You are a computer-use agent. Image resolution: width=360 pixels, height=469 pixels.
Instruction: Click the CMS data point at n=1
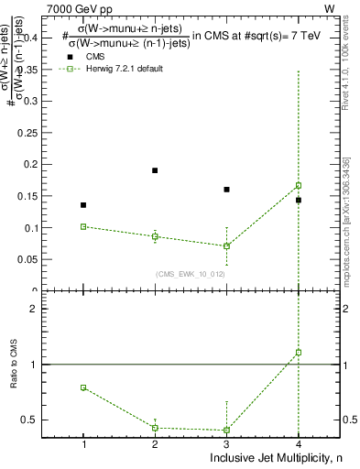point(83,205)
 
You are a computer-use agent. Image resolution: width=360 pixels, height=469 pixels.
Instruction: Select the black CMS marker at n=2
point(155,170)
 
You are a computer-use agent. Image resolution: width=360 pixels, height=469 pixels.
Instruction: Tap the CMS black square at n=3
point(226,190)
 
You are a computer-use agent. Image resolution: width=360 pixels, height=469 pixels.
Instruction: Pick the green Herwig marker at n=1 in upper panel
point(83,226)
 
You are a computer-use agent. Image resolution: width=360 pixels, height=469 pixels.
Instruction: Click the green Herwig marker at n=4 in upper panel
point(299,185)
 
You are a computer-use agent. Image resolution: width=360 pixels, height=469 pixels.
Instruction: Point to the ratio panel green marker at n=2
point(155,428)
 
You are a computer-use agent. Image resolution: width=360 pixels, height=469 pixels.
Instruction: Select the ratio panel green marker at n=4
point(299,352)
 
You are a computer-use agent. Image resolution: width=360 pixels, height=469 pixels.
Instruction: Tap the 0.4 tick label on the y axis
point(42,38)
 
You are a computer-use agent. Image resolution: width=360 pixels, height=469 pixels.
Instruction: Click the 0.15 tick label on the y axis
point(39,196)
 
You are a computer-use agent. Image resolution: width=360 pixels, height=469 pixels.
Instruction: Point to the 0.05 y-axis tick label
point(39,259)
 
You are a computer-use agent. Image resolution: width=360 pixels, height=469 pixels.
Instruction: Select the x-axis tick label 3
point(226,444)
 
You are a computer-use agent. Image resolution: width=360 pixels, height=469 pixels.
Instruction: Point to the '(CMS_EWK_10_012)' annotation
point(191,274)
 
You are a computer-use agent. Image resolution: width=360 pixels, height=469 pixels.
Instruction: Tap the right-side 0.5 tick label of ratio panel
point(349,420)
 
